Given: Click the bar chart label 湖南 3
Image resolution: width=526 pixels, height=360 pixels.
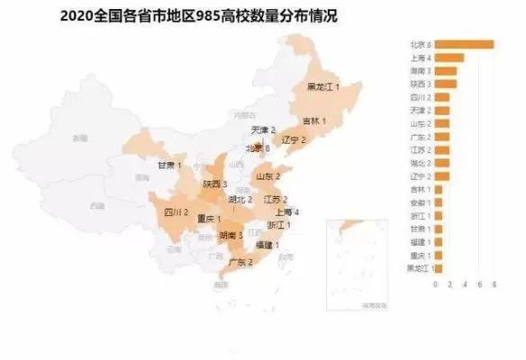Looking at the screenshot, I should click(421, 70).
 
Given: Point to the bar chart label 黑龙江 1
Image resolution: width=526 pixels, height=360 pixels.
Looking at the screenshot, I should click(420, 267).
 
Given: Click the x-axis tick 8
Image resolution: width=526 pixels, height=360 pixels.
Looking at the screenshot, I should click(494, 283).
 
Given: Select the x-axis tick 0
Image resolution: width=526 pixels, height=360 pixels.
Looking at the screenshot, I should click(435, 283).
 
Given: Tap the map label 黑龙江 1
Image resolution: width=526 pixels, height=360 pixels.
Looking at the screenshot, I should click(323, 86).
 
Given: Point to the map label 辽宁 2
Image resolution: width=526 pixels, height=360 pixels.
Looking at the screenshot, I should click(294, 139).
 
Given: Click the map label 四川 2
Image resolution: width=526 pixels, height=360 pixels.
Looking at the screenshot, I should click(176, 213).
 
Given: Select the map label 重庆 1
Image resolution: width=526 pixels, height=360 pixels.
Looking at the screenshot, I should click(207, 219).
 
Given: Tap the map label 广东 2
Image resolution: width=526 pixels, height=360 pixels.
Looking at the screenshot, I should click(240, 262).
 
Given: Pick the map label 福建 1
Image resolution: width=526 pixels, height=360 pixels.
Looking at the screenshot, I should click(268, 244).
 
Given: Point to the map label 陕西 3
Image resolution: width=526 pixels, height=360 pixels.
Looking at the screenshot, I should click(214, 184).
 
